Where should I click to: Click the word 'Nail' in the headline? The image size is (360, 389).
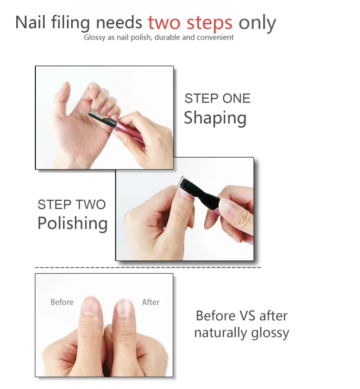point(29,22)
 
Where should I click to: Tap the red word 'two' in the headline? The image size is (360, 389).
point(165,22)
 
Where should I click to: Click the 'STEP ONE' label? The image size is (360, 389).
point(217,99)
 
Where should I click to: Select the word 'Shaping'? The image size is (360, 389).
point(215,118)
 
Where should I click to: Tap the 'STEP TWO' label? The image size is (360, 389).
point(72,204)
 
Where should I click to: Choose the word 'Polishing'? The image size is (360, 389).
point(73,223)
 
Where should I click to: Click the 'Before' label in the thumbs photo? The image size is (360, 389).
point(62,302)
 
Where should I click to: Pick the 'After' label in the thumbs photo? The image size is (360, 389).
point(151,302)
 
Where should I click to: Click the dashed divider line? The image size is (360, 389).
point(148,268)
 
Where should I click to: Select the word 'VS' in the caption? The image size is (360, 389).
point(248,316)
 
